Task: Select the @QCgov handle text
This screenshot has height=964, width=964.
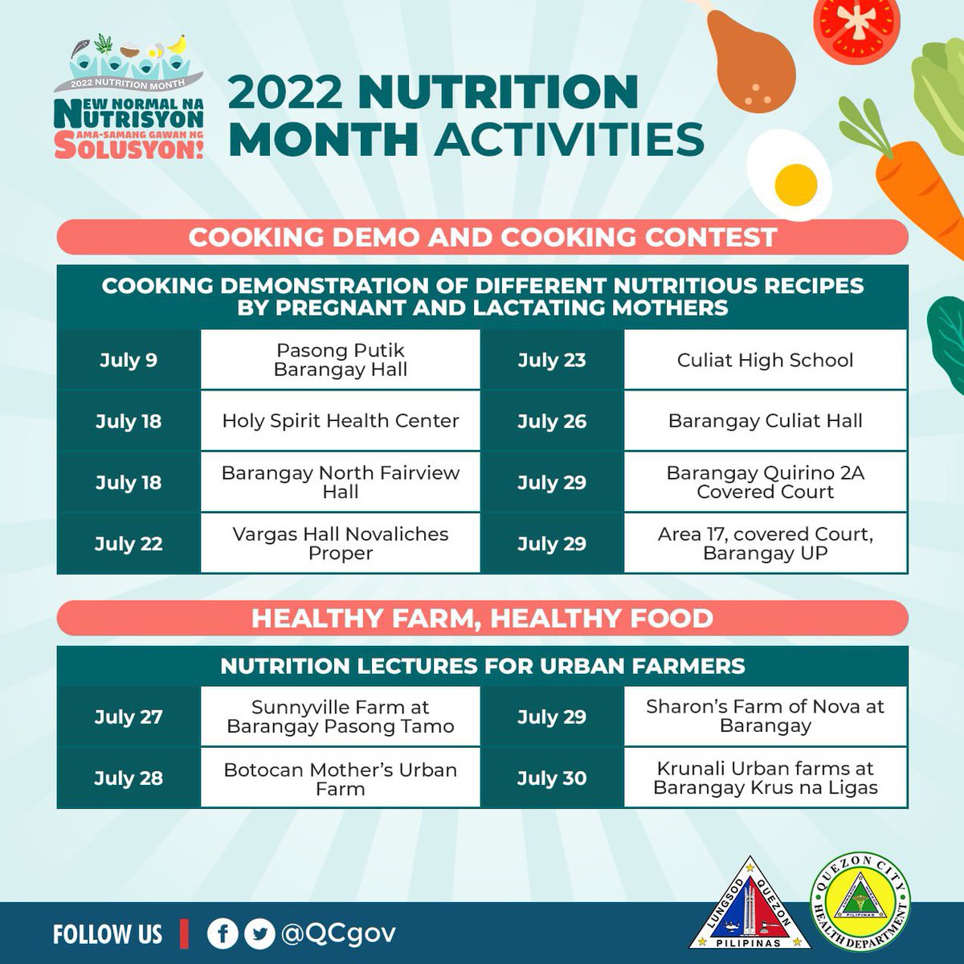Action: [338, 933]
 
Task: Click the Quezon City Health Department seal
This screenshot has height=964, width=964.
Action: [861, 901]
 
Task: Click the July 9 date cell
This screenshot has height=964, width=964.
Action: [129, 360]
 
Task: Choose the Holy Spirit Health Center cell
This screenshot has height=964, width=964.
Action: [341, 421]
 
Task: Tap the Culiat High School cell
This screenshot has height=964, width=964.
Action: [765, 360]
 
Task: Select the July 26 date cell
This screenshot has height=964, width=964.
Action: [552, 421]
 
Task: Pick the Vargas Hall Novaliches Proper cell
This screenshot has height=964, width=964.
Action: [341, 543]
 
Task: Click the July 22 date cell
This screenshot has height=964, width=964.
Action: [129, 543]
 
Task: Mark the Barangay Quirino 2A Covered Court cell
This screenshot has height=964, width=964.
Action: [765, 482]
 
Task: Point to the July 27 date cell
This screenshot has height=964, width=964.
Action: [129, 717]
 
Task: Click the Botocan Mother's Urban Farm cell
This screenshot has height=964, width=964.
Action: [341, 778]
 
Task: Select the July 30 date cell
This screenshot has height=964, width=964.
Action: [552, 778]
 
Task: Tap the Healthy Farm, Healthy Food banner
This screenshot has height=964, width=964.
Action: [482, 618]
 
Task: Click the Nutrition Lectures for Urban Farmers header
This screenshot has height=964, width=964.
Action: [482, 666]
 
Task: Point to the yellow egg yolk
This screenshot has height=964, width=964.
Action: [796, 183]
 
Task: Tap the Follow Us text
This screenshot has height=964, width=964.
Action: [108, 934]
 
